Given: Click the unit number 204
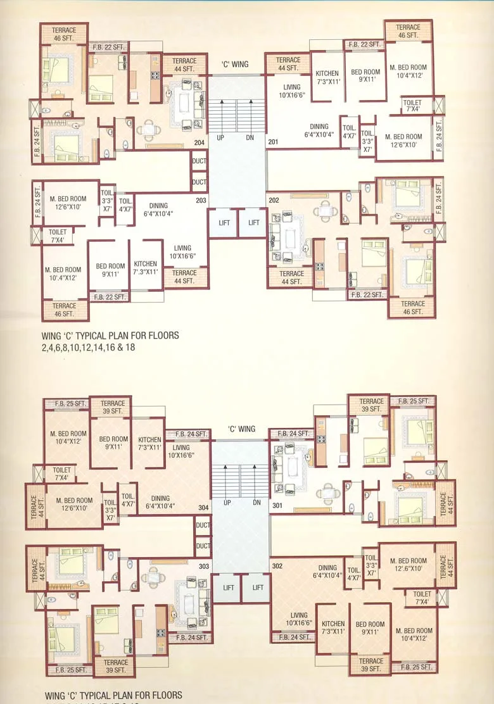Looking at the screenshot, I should pyautogui.click(x=199, y=142).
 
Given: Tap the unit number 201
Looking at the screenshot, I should pyautogui.click(x=273, y=142).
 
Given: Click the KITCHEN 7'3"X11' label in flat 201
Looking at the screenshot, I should pyautogui.click(x=327, y=78).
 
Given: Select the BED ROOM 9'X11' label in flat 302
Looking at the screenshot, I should pyautogui.click(x=369, y=628).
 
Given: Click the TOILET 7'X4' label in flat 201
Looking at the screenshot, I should pyautogui.click(x=415, y=105).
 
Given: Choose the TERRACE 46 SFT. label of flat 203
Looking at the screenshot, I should pyautogui.click(x=65, y=310).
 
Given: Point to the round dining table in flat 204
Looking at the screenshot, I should pyautogui.click(x=148, y=130).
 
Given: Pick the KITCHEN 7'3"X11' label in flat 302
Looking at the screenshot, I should pyautogui.click(x=331, y=628).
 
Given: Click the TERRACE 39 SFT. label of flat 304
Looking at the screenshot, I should pyautogui.click(x=113, y=407).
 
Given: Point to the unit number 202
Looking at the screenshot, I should pyautogui.click(x=274, y=201).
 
